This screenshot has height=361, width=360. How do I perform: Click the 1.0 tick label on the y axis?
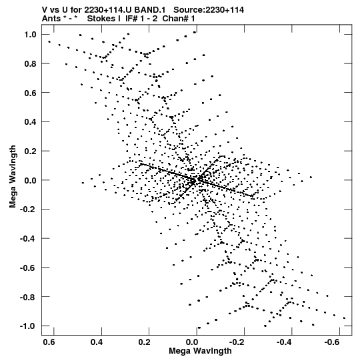31,35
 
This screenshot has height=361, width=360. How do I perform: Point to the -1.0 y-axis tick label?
28,326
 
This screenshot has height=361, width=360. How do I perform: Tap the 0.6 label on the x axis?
49,342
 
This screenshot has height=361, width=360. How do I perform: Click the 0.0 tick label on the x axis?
192,342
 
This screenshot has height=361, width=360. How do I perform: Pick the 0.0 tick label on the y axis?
31,180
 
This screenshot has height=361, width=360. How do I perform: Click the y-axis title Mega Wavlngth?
13,177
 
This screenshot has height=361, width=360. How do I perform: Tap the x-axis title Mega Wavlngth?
200,351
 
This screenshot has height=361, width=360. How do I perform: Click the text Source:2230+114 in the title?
209,10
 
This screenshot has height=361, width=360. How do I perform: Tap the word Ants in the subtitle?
51,19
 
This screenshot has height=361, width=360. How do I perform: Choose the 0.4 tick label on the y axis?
31,122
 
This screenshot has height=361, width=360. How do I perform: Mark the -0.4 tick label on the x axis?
285,342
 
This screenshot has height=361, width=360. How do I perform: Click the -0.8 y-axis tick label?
28,297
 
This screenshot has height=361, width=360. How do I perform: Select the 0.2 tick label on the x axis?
145,342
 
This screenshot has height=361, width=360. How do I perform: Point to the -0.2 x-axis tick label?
237,342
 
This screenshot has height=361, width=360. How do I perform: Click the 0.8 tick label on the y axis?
31,64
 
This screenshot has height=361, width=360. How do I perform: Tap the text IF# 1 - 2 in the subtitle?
141,19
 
